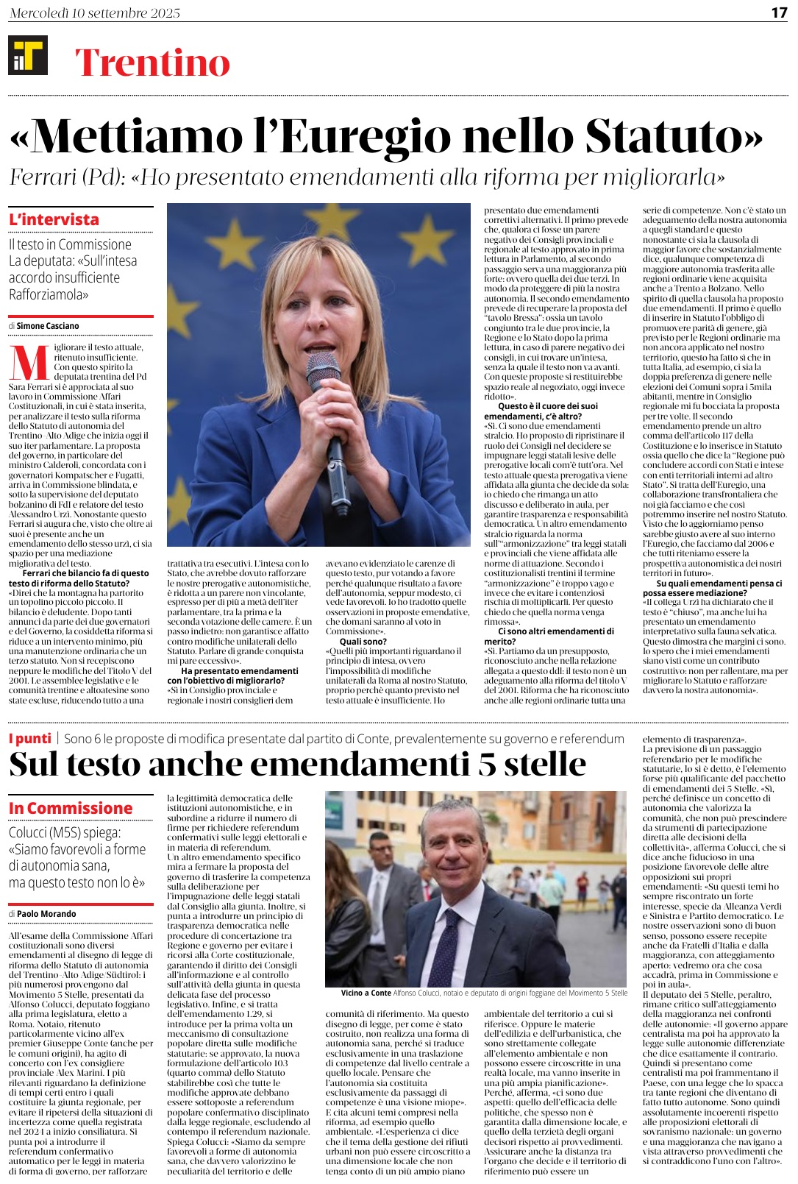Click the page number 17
point(779,13)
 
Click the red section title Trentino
point(152,63)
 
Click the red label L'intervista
point(54,219)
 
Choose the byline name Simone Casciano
point(48,325)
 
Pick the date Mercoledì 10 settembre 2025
point(95,13)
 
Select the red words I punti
point(30,738)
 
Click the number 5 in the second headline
point(488,764)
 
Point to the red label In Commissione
point(71,808)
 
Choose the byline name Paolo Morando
point(46,913)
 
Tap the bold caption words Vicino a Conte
point(366,993)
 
